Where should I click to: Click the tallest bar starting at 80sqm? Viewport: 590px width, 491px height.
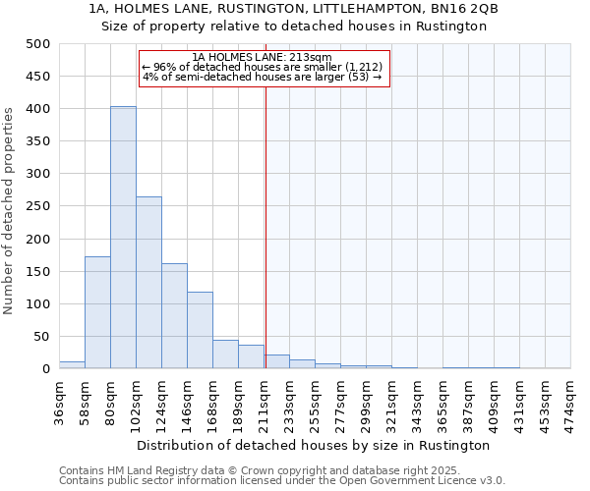pyautogui.click(x=123, y=238)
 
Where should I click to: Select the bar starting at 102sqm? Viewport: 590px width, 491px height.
pyautogui.click(x=148, y=283)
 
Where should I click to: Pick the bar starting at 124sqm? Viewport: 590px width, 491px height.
pyautogui.click(x=174, y=316)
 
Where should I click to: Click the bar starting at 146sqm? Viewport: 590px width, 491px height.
pyautogui.click(x=200, y=330)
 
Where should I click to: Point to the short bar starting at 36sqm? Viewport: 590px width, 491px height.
pyautogui.click(x=72, y=364)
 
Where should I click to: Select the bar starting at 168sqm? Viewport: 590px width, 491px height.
pyautogui.click(x=225, y=355)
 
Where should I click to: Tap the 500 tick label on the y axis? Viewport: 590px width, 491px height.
pyautogui.click(x=38, y=44)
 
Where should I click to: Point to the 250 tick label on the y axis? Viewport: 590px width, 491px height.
pyautogui.click(x=38, y=206)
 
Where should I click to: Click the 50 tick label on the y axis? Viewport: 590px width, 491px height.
pyautogui.click(x=42, y=337)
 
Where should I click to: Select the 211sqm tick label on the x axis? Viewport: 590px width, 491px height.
pyautogui.click(x=264, y=401)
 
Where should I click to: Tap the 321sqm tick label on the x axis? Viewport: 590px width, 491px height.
pyautogui.click(x=391, y=401)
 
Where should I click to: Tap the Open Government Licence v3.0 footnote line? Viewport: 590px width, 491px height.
pyautogui.click(x=282, y=481)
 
